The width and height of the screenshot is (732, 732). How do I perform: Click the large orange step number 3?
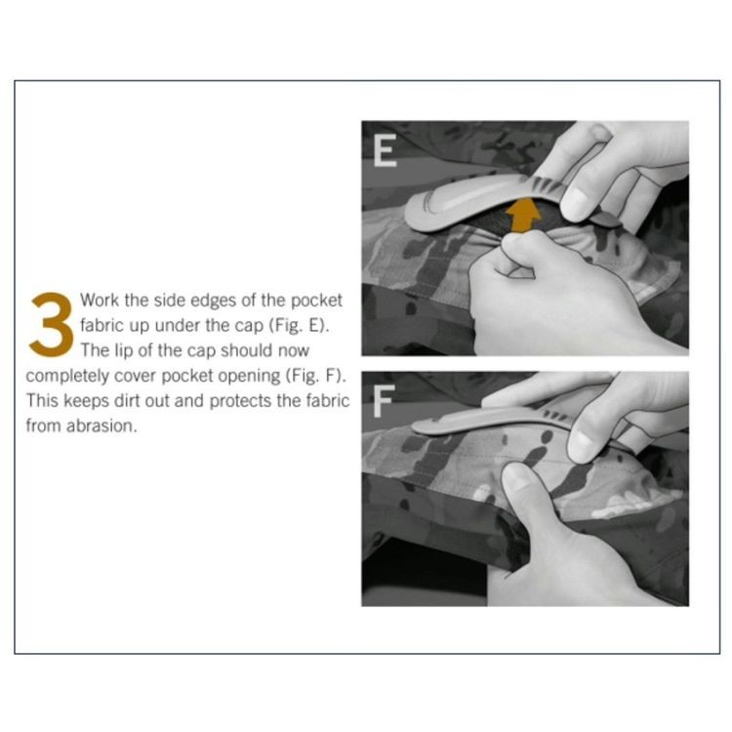pyautogui.click(x=52, y=325)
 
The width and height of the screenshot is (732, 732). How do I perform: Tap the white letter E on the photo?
pyautogui.click(x=386, y=150)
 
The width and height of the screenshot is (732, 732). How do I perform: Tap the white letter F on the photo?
pyautogui.click(x=384, y=401)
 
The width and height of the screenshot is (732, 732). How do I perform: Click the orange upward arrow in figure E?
pyautogui.click(x=524, y=215)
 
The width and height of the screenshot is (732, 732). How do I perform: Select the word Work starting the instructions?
pyautogui.click(x=100, y=300)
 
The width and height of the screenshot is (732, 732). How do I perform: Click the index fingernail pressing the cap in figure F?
pyautogui.click(x=581, y=445)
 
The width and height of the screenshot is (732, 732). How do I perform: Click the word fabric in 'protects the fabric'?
pyautogui.click(x=328, y=400)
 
